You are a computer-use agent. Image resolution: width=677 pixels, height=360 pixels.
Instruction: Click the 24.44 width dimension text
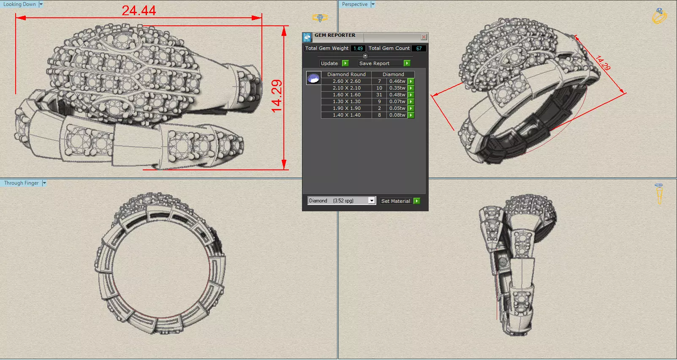point(139,11)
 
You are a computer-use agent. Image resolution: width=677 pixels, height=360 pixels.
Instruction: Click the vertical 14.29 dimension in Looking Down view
point(277,96)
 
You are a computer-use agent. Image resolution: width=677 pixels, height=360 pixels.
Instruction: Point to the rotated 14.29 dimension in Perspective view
point(603,63)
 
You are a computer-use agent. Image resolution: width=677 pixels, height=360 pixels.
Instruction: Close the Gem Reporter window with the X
point(424,37)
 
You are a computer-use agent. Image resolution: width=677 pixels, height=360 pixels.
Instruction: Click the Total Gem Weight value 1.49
point(358,49)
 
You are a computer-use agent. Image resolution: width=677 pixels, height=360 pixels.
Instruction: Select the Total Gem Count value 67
point(419,49)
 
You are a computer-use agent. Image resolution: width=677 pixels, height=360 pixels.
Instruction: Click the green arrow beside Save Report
point(407,63)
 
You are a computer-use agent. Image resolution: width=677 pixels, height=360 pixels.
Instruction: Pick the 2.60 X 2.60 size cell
point(346,81)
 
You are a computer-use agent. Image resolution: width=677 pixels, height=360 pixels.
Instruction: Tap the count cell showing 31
point(379,95)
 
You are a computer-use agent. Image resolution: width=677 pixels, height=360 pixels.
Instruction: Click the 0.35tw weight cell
point(397,88)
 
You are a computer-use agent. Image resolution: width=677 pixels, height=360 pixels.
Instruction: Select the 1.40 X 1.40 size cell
point(346,115)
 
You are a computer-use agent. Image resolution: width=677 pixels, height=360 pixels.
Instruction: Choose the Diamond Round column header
point(346,74)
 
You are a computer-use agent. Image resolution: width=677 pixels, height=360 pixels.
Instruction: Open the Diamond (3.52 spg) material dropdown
point(371,201)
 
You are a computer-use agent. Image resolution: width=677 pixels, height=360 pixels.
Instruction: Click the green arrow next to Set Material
point(417,201)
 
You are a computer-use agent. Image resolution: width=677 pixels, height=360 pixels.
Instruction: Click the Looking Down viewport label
point(19,4)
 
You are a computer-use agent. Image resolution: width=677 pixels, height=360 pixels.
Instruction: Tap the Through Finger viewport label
point(21,183)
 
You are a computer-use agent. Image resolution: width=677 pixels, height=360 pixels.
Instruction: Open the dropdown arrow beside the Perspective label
point(373,4)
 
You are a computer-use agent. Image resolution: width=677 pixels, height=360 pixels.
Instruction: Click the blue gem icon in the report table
point(313,79)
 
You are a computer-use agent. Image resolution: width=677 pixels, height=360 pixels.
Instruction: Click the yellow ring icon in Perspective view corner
point(659,16)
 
